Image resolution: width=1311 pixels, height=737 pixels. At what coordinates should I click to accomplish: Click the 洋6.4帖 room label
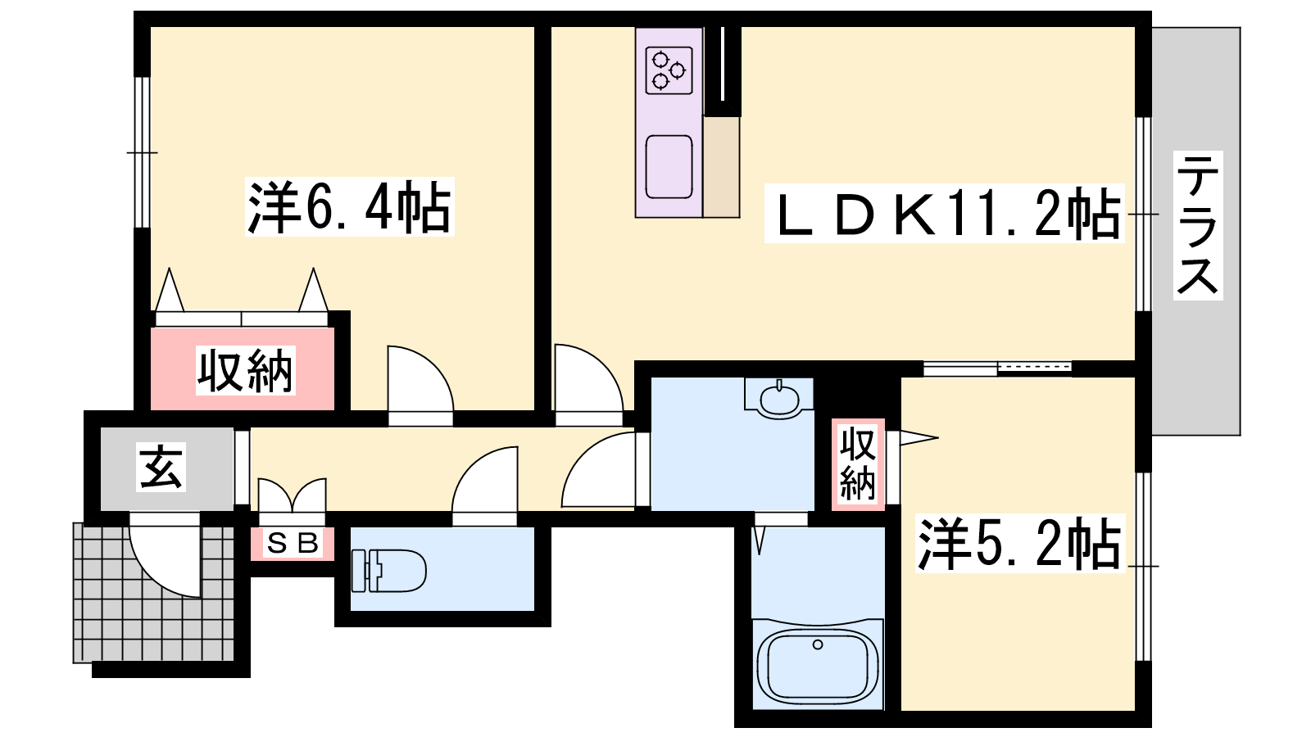349,206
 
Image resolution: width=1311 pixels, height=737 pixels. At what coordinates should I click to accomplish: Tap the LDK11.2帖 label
944,213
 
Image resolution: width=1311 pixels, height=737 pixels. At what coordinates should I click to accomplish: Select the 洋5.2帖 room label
1019,544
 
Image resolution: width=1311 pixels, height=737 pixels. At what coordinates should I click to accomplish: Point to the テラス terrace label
1197,225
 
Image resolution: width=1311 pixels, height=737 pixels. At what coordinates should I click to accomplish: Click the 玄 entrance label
161,467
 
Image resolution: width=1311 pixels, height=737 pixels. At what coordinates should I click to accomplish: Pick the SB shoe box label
293,544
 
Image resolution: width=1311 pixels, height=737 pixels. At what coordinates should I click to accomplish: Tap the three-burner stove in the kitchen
669,70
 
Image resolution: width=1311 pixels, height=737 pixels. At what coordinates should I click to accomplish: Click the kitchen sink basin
669,167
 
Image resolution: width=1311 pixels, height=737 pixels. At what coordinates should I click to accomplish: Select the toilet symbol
388,570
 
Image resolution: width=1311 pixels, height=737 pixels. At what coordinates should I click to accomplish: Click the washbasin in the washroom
779,399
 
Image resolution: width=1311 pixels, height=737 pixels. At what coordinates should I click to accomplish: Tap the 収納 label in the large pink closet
245,370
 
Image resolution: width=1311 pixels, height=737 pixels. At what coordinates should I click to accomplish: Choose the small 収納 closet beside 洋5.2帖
858,464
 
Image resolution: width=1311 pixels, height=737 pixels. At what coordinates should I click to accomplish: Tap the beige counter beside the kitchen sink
721,167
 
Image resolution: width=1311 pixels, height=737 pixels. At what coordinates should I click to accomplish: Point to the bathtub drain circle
818,644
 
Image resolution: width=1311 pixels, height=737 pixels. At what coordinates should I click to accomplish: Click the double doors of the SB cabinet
292,501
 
